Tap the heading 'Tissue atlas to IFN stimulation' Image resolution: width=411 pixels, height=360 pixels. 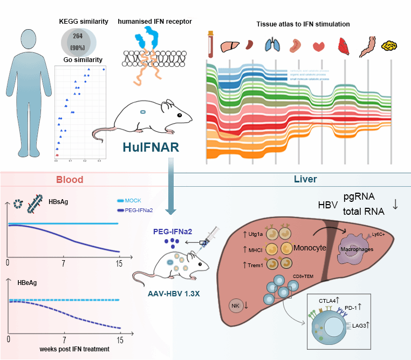[302, 24]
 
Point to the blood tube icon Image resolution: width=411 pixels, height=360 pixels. [210, 45]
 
